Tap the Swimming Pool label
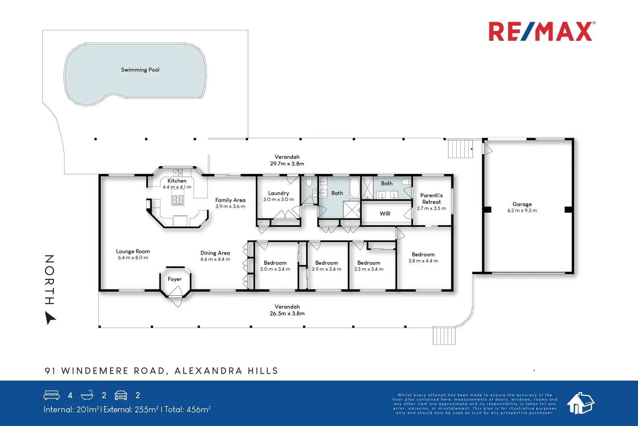click(140, 70)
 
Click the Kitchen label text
click(177, 181)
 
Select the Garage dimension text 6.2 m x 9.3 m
click(522, 211)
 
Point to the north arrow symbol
click(50, 318)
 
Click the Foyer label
click(175, 279)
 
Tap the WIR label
click(385, 214)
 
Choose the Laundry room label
click(278, 193)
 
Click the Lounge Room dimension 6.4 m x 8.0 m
click(133, 258)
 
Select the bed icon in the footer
click(51, 395)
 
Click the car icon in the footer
click(121, 395)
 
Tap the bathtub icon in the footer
click(87, 395)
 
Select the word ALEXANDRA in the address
click(208, 371)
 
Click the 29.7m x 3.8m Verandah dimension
click(287, 164)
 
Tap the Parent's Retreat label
click(431, 198)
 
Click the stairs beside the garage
click(460, 149)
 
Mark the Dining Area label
click(215, 253)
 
